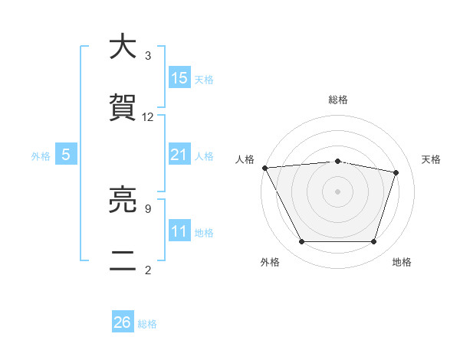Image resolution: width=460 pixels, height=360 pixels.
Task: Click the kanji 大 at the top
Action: tap(123, 47)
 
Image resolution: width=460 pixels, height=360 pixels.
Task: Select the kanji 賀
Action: tap(123, 109)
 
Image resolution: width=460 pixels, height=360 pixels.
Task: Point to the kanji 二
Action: tap(123, 262)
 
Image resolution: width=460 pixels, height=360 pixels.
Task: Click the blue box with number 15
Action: tap(180, 78)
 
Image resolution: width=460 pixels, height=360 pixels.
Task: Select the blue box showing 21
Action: tap(179, 155)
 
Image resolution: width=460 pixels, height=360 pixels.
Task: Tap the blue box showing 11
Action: tap(179, 231)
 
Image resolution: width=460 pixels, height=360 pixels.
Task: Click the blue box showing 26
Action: tap(123, 322)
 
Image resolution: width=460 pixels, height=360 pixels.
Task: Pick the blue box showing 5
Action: tap(66, 155)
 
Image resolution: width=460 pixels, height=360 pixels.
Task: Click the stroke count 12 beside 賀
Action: tap(148, 117)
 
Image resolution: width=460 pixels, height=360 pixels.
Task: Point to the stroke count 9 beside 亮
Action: tap(147, 208)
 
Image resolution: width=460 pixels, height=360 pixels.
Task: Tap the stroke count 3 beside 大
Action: tap(147, 56)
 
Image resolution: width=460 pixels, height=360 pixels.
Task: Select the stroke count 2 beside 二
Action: tap(147, 270)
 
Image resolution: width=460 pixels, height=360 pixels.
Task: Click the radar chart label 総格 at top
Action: tap(338, 100)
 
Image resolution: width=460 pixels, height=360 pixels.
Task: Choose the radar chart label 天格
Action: tap(432, 159)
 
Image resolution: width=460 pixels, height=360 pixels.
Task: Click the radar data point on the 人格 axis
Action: tap(264, 168)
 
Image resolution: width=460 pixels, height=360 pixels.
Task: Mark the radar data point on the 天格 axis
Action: tap(396, 172)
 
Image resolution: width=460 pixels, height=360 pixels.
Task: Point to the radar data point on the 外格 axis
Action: tap(301, 242)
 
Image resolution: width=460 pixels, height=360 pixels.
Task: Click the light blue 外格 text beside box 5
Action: tap(41, 155)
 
